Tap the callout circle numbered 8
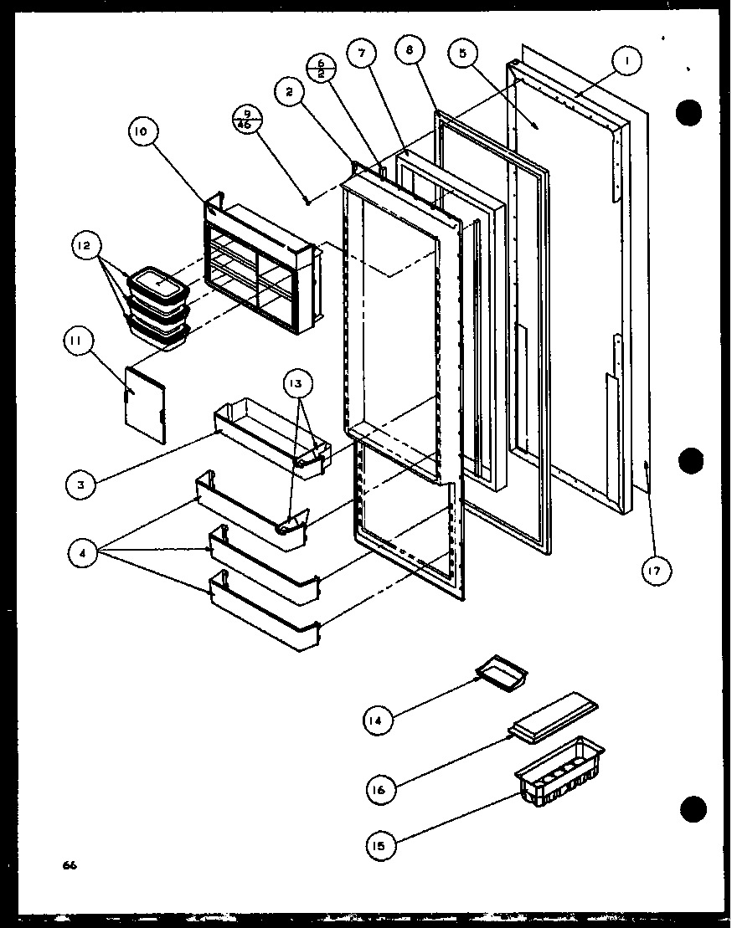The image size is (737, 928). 409,51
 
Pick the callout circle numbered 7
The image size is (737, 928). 361,54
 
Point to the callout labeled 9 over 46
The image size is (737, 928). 248,120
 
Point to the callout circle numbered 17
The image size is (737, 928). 657,572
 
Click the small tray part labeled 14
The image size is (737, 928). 500,671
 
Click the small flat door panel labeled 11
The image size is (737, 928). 144,402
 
